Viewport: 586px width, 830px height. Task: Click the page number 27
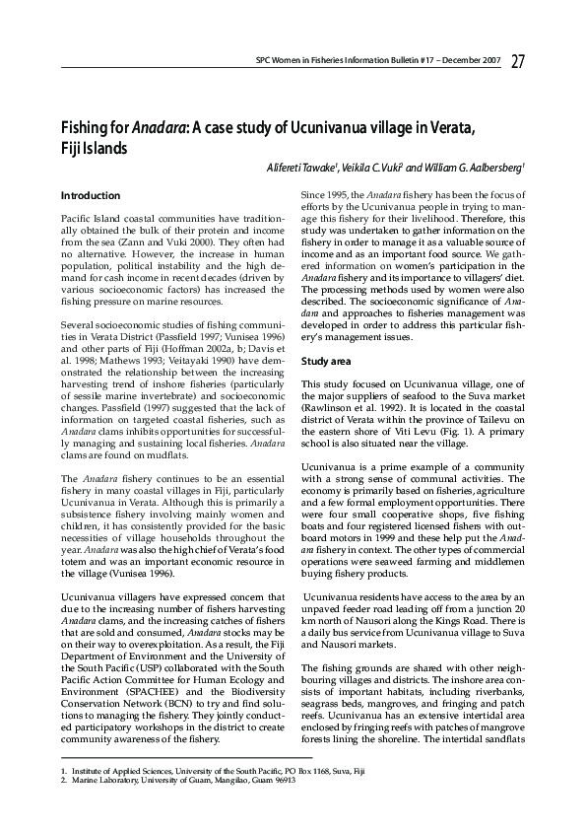(x=517, y=63)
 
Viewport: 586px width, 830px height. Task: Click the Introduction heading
(x=91, y=196)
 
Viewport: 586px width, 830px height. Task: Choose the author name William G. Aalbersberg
(x=479, y=168)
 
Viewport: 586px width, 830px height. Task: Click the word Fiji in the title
(x=76, y=148)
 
